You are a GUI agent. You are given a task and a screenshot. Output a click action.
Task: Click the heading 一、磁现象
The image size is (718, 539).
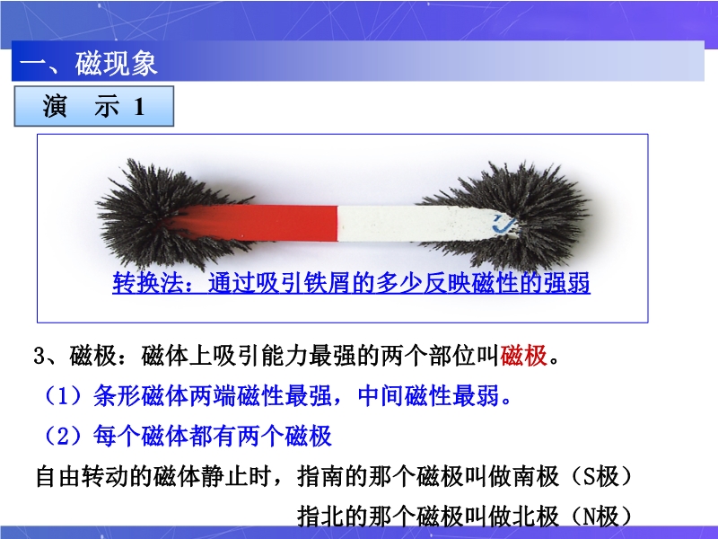tap(89, 63)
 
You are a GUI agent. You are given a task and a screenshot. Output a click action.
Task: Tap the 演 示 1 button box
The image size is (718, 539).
tap(94, 106)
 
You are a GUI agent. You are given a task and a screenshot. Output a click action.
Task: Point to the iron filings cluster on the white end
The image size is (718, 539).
tap(518, 216)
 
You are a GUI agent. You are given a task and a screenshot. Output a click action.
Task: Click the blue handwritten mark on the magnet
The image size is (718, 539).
tap(503, 224)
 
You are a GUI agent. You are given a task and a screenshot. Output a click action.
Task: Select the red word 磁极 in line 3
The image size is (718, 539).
tap(524, 356)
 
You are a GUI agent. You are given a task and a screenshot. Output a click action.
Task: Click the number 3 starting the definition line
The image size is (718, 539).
tap(39, 356)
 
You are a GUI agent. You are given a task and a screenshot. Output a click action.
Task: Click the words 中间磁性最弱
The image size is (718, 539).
tap(429, 395)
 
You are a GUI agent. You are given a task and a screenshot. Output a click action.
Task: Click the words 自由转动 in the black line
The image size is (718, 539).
tap(83, 476)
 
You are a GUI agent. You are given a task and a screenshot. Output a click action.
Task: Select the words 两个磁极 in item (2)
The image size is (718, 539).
tap(284, 436)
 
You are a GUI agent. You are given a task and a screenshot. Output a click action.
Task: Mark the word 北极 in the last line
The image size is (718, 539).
tap(536, 516)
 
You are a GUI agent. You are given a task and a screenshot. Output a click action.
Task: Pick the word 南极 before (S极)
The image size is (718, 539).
tap(536, 476)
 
